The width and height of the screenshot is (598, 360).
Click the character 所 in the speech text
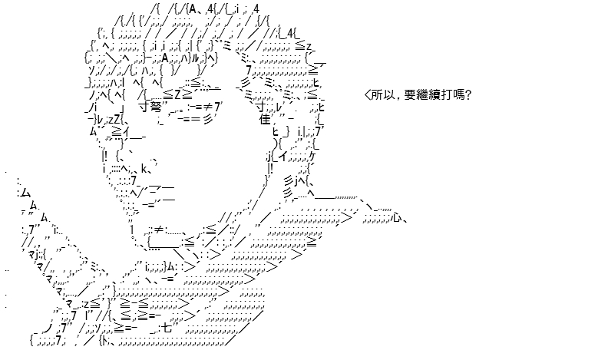click(377, 94)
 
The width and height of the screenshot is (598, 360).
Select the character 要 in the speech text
click(410, 94)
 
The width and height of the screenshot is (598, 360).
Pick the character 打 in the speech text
click(446, 94)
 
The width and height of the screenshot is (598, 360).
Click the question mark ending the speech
click(468, 94)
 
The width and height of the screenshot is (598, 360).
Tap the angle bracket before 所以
click(368, 94)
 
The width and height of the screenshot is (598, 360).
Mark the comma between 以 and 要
click(398, 98)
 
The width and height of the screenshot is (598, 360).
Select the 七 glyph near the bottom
click(167, 328)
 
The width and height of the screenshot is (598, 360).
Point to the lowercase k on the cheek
click(144, 168)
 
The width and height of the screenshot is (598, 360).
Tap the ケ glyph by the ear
click(312, 156)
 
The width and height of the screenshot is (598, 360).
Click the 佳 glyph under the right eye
click(265, 120)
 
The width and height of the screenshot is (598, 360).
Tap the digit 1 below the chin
click(132, 230)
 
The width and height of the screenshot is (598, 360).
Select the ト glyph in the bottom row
click(104, 340)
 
